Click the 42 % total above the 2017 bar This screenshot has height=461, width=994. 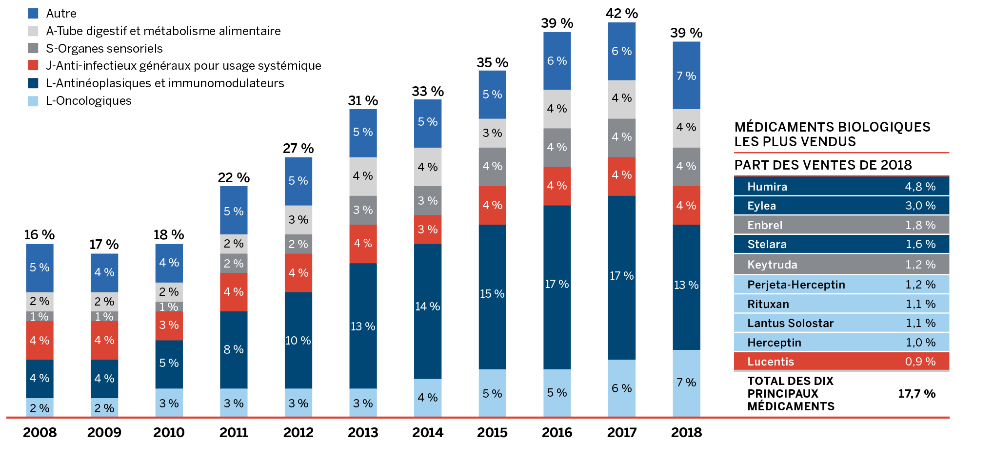point(621,14)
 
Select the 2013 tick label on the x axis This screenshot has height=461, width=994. point(363,432)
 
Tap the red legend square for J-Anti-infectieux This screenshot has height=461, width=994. point(33,65)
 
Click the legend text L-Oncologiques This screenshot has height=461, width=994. point(88,101)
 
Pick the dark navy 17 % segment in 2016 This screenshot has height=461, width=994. point(557,284)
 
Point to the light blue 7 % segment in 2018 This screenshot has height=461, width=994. point(686,383)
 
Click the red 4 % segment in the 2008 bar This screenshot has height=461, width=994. point(40,340)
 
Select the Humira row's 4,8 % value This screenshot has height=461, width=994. point(920,187)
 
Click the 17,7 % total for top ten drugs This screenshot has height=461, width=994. point(916,394)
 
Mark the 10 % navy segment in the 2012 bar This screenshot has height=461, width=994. point(298,340)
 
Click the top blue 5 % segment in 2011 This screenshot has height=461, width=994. point(234,211)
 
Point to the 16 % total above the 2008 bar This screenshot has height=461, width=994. point(40,235)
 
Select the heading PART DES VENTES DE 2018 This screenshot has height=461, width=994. point(823,165)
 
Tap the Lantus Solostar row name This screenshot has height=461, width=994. point(790,323)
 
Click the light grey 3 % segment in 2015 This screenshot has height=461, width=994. point(492,133)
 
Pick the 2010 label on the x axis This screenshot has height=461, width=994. point(169,432)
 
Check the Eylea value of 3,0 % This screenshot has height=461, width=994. point(920,206)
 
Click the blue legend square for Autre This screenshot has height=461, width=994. point(33,13)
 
